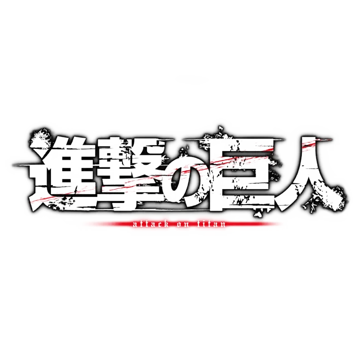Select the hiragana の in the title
186,176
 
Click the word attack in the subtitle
151,224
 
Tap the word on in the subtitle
183,225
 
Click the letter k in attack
165,224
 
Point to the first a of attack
136,225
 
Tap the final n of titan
222,225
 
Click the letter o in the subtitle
180,225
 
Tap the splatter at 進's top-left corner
38,137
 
